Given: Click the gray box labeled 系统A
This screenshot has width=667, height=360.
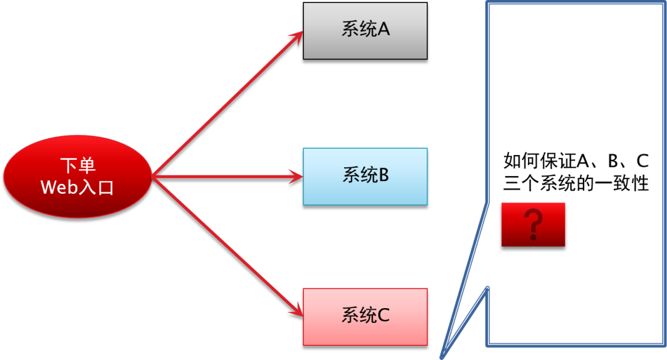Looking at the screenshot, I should pyautogui.click(x=365, y=30).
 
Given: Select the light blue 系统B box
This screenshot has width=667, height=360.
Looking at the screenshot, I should pyautogui.click(x=365, y=176).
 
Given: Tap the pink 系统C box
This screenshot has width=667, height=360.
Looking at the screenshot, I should pyautogui.click(x=365, y=316).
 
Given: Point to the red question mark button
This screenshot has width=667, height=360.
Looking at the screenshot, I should pyautogui.click(x=533, y=225).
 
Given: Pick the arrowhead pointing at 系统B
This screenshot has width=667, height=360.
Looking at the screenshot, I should pyautogui.click(x=296, y=177).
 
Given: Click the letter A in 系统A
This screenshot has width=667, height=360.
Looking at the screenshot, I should pyautogui.click(x=383, y=30).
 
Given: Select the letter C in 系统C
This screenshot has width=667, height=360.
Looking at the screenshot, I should pyautogui.click(x=383, y=316).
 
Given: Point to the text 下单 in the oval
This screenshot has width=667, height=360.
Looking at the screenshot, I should pyautogui.click(x=78, y=166).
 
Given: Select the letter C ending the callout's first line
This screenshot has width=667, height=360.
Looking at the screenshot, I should pyautogui.click(x=642, y=161).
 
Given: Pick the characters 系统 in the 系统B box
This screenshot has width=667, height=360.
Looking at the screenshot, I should pyautogui.click(x=356, y=175).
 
